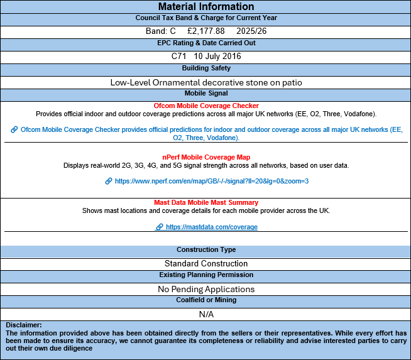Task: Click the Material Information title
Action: pyautogui.click(x=205, y=7)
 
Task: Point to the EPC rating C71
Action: pyautogui.click(x=179, y=56)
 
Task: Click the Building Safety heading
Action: pyautogui.click(x=205, y=68)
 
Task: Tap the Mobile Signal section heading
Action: pyautogui.click(x=205, y=93)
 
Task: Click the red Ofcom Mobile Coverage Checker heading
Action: pyautogui.click(x=206, y=106)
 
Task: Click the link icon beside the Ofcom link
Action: pyautogui.click(x=14, y=129)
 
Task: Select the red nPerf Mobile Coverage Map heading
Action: pyautogui.click(x=206, y=157)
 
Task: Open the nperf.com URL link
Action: pyautogui.click(x=212, y=181)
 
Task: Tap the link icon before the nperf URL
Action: pyautogui.click(x=109, y=181)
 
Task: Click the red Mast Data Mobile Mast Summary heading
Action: pyautogui.click(x=206, y=202)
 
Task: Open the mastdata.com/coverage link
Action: pyautogui.click(x=211, y=227)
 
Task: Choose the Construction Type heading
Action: pyautogui.click(x=205, y=250)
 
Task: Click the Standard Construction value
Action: pyautogui.click(x=205, y=263)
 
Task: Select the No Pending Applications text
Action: pyautogui.click(x=205, y=289)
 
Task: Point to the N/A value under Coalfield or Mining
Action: pyautogui.click(x=205, y=314)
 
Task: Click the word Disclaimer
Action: pyautogui.click(x=24, y=325)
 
